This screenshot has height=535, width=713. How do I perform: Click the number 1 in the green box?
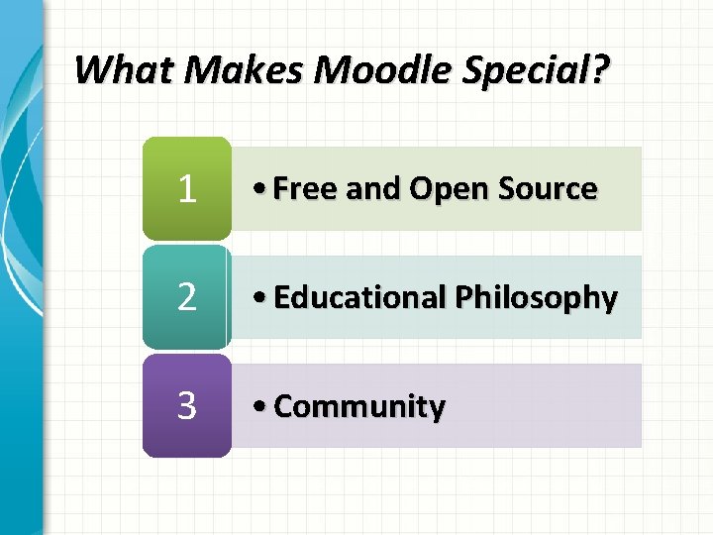coord(186,189)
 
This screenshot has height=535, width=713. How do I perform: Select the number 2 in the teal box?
coord(186,297)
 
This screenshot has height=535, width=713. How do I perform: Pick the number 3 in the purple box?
coord(186,406)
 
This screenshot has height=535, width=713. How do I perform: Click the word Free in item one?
coord(302,189)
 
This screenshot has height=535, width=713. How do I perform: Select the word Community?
coord(359,406)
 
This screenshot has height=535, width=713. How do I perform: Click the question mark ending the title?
coord(603,70)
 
